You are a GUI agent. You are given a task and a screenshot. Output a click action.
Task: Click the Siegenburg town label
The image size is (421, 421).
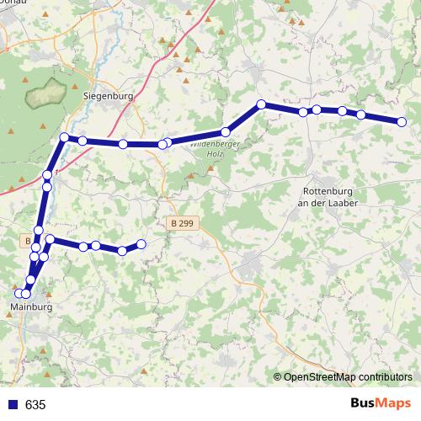[109, 96]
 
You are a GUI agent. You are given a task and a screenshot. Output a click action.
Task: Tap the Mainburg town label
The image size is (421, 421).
[34, 308]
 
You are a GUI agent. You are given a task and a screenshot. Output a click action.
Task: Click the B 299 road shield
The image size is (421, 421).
[180, 223]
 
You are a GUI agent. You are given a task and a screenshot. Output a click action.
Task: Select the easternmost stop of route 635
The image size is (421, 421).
[402, 122]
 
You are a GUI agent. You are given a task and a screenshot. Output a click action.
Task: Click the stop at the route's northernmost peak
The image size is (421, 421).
[261, 104]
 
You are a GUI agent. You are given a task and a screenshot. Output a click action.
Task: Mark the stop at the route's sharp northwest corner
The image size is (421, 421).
[64, 136]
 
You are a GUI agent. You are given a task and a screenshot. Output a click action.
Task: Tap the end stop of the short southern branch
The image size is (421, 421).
[141, 244]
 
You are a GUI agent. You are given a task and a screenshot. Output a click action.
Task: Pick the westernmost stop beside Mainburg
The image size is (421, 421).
[19, 293]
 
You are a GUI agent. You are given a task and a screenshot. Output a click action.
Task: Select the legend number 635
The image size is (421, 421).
[35, 405]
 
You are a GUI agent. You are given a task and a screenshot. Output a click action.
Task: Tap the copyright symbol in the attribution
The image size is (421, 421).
[277, 377]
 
